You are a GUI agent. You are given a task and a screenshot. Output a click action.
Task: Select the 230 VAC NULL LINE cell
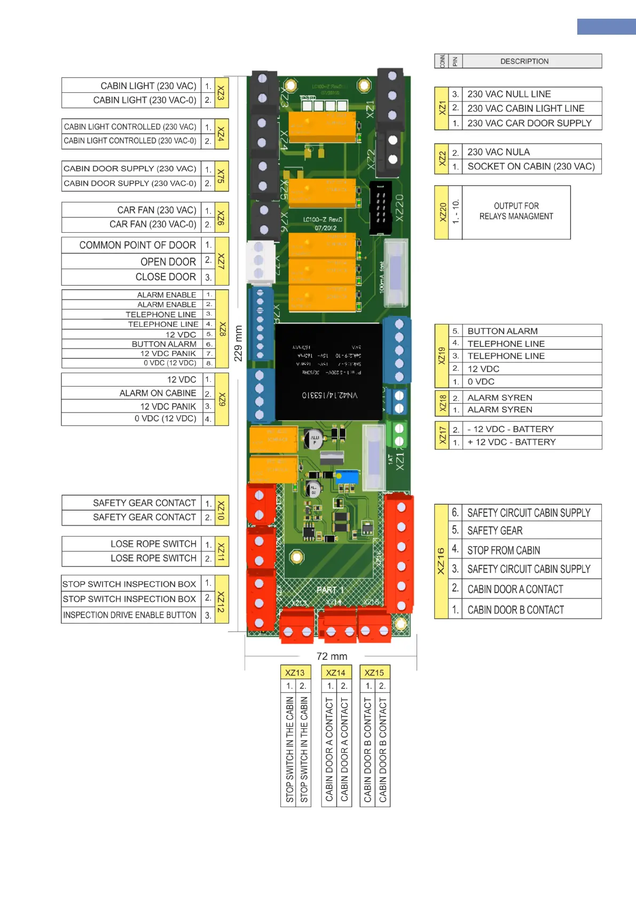[x=531, y=94]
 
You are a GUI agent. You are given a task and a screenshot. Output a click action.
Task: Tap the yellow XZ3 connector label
[x=221, y=93]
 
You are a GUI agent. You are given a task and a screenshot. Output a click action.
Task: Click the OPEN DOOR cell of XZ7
[x=131, y=262]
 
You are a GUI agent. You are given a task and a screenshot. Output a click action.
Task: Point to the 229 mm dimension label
[x=238, y=343]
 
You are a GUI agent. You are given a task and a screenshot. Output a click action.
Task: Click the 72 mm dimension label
[x=332, y=656]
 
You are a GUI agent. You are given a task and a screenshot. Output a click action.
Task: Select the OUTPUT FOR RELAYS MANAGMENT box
[x=516, y=212]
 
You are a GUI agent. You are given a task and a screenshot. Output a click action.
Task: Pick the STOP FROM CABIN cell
[x=531, y=550]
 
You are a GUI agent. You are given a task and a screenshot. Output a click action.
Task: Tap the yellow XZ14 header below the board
[x=336, y=673]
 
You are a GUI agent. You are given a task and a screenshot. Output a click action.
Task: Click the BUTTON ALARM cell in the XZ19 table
[x=531, y=331]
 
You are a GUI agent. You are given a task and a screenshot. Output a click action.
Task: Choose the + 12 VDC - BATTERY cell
[x=531, y=442]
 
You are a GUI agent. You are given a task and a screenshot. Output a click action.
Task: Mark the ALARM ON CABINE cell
[x=132, y=393]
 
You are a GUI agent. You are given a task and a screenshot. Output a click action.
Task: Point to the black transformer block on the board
[x=328, y=371]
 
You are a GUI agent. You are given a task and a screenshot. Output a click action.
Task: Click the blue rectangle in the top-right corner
[x=606, y=27]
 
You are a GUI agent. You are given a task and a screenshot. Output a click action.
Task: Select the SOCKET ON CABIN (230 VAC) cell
[x=531, y=167]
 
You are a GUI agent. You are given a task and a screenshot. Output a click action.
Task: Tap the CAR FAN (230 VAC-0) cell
[x=131, y=224]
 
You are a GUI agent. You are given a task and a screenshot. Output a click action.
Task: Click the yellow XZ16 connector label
[x=441, y=561]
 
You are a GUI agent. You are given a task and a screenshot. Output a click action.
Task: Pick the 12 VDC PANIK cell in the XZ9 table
[x=132, y=406]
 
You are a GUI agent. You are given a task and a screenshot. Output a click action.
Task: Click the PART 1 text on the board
[x=330, y=590]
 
